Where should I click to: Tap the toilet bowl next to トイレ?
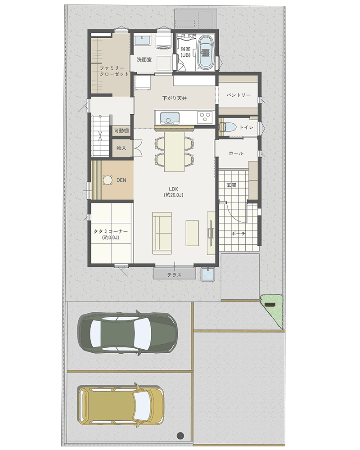pos(227,127)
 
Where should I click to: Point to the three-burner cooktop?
pos(205,117)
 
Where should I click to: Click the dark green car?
pos(128,333)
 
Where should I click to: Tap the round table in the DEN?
pos(108,180)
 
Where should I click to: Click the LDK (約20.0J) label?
pos(174,192)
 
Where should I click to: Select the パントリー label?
pos(238,95)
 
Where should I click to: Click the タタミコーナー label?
pos(111,232)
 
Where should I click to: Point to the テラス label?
pos(175,275)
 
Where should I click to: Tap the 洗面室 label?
pos(144,60)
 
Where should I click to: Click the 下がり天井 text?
pos(175,98)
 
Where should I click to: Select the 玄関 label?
pos(231,185)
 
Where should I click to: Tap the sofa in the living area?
pos(162,233)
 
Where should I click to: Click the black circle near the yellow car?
pos(180,436)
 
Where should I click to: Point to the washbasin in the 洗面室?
pos(143,40)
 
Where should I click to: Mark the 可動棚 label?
pos(121,131)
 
